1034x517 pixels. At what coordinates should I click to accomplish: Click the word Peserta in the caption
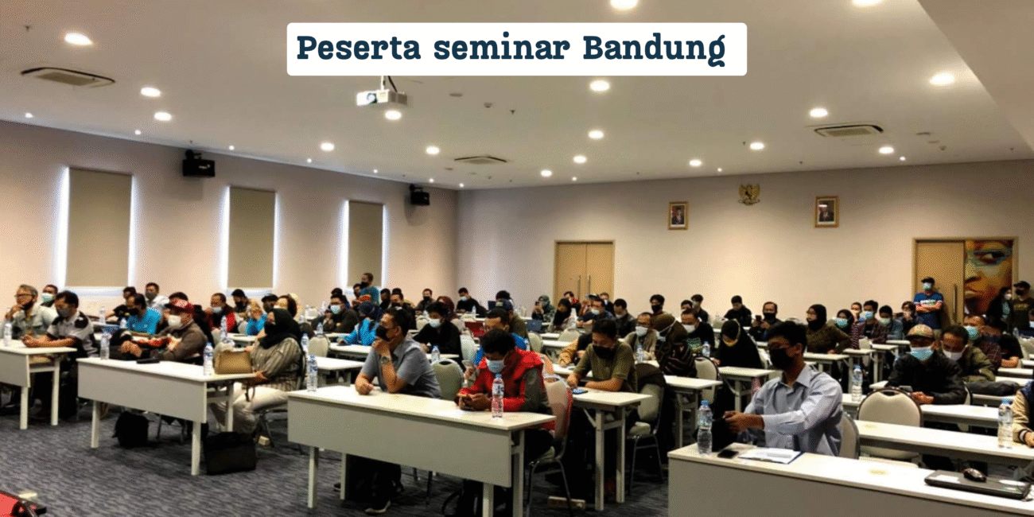[x=359, y=48]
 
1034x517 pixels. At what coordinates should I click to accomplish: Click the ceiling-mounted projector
[x=381, y=97]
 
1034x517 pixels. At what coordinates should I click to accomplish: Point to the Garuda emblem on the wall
[x=748, y=194]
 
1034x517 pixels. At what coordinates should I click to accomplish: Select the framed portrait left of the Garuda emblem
[x=678, y=216]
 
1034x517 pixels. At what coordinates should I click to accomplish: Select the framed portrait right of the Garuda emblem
[x=826, y=212]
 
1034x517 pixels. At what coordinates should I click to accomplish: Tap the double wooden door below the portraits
[x=584, y=270]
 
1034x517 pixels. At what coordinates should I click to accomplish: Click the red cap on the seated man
[x=181, y=305]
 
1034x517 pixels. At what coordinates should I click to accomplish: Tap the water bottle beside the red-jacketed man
[x=497, y=395]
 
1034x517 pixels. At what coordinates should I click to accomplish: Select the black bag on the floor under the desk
[x=229, y=453]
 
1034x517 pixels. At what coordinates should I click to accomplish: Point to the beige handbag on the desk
[x=232, y=360]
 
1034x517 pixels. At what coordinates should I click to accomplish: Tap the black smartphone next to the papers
[x=728, y=453]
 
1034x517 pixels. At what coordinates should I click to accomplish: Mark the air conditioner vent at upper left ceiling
[x=68, y=77]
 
